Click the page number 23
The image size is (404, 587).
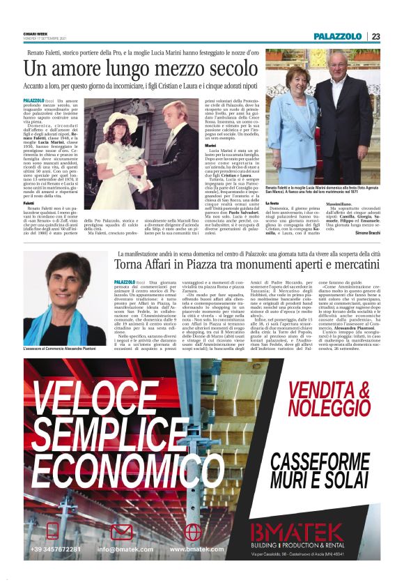(x=375, y=36)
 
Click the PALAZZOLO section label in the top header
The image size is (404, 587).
(x=338, y=36)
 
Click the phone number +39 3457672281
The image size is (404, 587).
(x=56, y=549)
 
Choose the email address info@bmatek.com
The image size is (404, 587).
(x=126, y=549)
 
